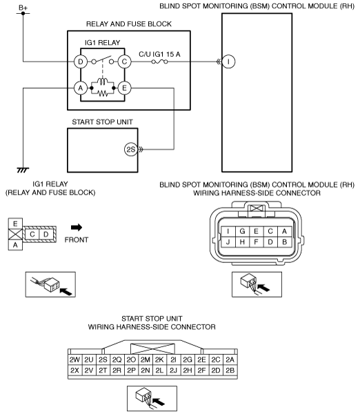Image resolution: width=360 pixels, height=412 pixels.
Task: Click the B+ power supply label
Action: click(x=23, y=8)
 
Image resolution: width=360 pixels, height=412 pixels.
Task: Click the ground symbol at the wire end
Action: click(x=23, y=170)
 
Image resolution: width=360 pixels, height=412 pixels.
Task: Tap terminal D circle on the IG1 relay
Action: click(x=81, y=61)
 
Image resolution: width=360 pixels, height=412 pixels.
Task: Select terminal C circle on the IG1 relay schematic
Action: click(x=124, y=61)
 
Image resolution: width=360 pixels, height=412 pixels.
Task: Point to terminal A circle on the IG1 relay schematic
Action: click(x=81, y=88)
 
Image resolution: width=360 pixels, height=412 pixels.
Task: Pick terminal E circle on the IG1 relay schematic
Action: click(x=124, y=88)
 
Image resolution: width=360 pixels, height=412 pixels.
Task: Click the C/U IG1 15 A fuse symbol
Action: click(x=159, y=61)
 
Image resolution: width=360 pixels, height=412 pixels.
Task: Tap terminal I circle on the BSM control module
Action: click(x=228, y=61)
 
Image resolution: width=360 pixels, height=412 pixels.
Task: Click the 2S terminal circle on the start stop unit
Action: click(x=131, y=150)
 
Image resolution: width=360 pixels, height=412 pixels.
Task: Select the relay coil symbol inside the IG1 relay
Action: click(x=102, y=81)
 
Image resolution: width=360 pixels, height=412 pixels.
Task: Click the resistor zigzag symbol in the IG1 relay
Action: click(x=102, y=93)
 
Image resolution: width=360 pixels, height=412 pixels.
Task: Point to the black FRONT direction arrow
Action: click(x=77, y=228)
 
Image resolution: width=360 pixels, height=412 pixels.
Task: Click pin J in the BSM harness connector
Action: click(x=228, y=242)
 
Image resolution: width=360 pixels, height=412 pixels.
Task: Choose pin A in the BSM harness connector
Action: click(x=284, y=231)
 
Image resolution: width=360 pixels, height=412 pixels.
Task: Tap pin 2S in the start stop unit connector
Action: click(x=103, y=360)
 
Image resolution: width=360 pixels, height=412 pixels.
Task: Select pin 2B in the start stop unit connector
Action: click(x=230, y=370)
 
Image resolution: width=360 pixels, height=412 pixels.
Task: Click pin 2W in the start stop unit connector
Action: click(x=74, y=360)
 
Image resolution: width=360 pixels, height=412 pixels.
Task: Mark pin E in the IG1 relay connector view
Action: click(x=15, y=224)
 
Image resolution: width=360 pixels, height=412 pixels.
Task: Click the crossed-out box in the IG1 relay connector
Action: click(x=15, y=234)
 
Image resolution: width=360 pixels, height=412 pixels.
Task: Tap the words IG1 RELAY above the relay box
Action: click(x=102, y=43)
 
